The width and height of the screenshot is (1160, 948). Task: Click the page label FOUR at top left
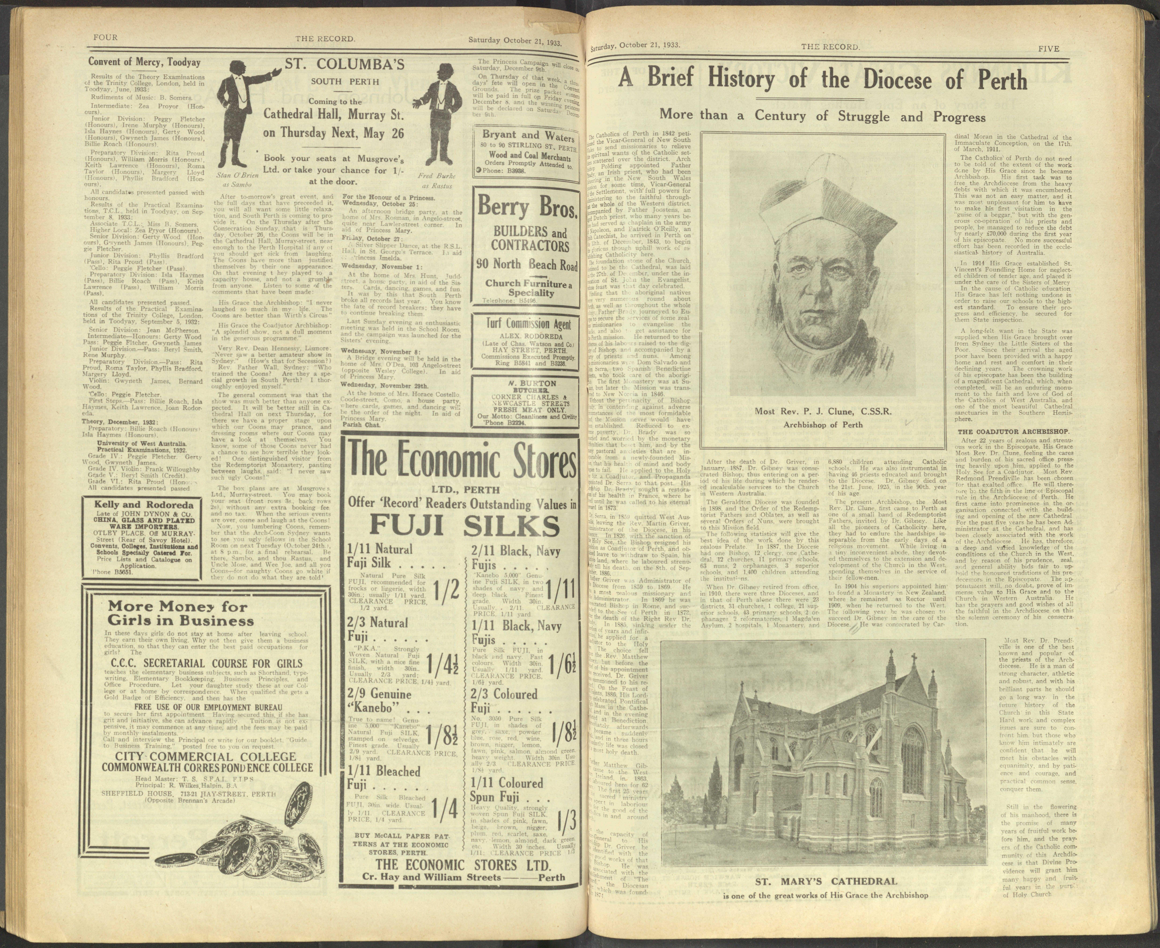coord(105,37)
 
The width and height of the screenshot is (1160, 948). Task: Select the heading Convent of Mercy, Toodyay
coord(145,62)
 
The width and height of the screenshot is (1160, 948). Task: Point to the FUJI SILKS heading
coord(464,526)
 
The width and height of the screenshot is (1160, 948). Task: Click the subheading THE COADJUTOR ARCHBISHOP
coord(1014,431)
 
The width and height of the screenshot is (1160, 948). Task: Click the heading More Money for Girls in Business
coord(180,613)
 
